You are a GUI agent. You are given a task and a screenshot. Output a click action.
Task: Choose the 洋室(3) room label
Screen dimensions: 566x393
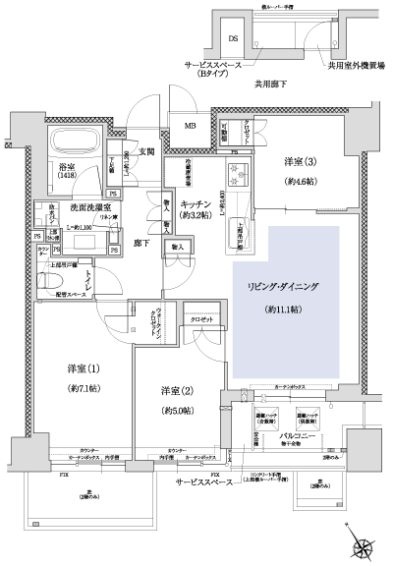301,161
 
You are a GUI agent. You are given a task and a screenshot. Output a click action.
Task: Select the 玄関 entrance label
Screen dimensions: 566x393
146,150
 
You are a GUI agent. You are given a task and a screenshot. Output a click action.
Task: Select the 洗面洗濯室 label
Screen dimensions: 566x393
89,208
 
